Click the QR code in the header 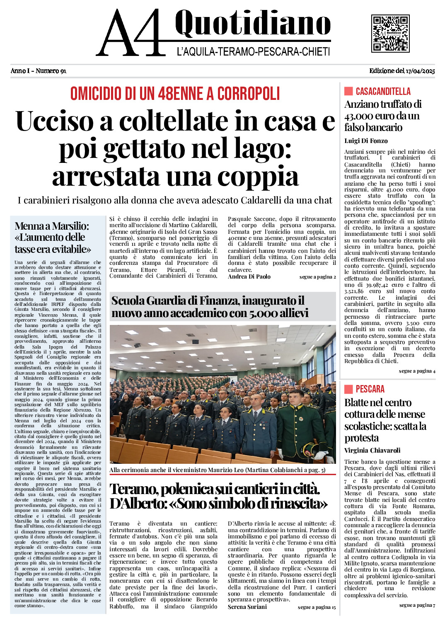pyautogui.click(x=390, y=33)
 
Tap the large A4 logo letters pyautogui.click(x=131, y=33)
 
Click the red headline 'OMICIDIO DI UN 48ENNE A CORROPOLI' pyautogui.click(x=175, y=94)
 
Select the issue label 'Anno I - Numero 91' pyautogui.click(x=39, y=71)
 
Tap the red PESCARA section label pyautogui.click(x=370, y=389)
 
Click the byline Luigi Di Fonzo pyautogui.click(x=366, y=141)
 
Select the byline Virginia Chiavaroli pyautogui.click(x=372, y=451)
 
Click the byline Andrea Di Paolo pyautogui.click(x=249, y=276)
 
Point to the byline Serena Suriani pyautogui.click(x=247, y=607)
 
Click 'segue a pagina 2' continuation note pyautogui.click(x=317, y=277)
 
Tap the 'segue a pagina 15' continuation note pyautogui.click(x=317, y=607)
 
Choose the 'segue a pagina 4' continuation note pyautogui.click(x=417, y=371)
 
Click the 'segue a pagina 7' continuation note pyautogui.click(x=417, y=605)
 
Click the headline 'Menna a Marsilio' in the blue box pyautogui.click(x=53, y=237)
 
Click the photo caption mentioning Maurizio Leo pyautogui.click(x=217, y=470)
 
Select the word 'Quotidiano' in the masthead pyautogui.click(x=253, y=24)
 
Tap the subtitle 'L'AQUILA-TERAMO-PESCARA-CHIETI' pyautogui.click(x=253, y=52)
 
